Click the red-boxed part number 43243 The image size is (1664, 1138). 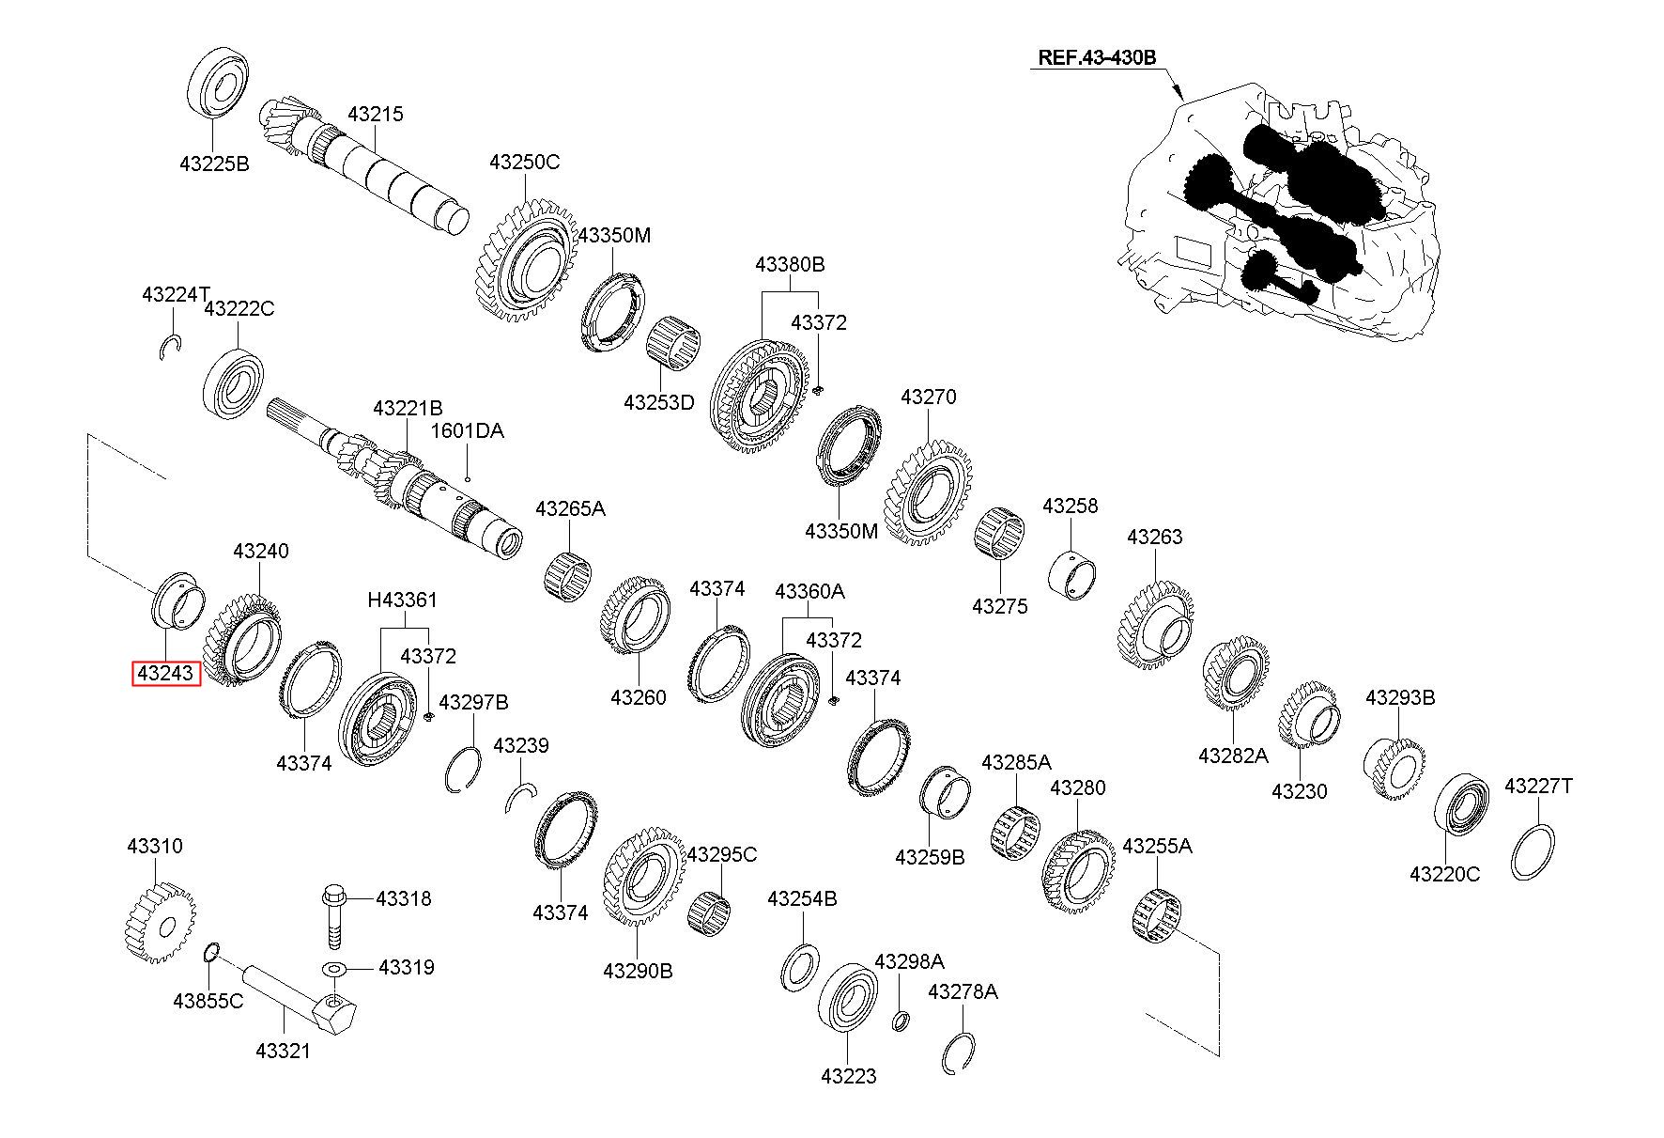coord(166,673)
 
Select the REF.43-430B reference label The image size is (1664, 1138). coord(1096,57)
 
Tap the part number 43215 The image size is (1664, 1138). coord(375,114)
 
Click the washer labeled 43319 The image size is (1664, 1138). coord(334,969)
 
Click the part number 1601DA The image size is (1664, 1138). coord(467,431)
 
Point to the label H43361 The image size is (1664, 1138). coord(402,600)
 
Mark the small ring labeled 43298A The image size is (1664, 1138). coord(901,1020)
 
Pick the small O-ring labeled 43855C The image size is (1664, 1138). coord(212,954)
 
